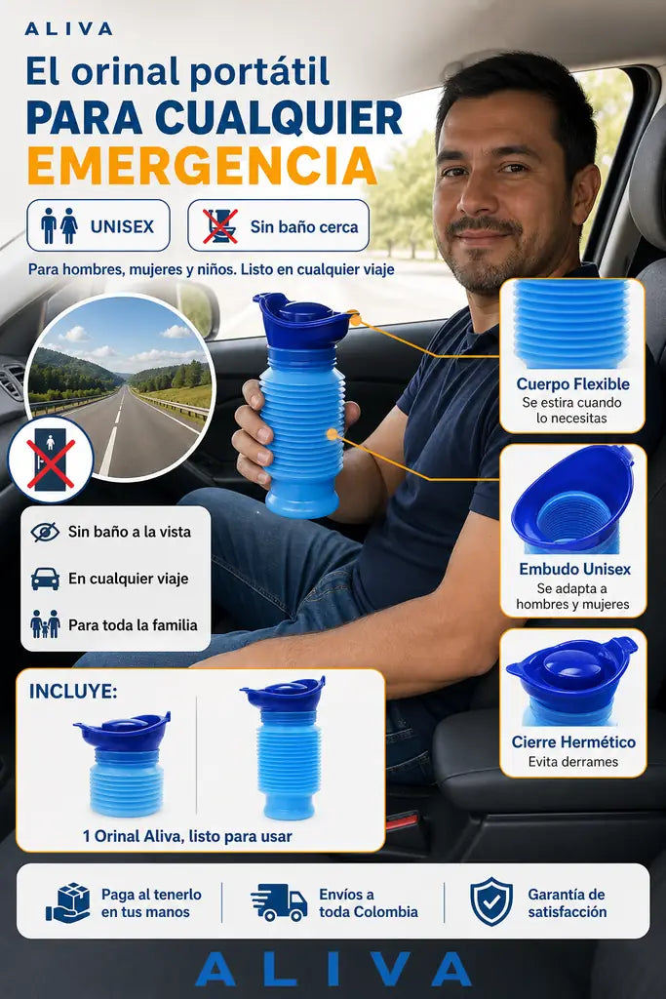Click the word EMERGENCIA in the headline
(201, 166)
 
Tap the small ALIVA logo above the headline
(69, 28)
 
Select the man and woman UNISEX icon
(59, 225)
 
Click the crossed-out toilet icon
(220, 225)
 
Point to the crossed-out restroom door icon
(51, 459)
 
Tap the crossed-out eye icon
(45, 532)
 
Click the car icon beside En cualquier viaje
(45, 579)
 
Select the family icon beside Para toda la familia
(45, 623)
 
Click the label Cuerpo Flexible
(572, 384)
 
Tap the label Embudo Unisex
(574, 569)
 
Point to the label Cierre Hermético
(573, 742)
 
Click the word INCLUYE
(73, 692)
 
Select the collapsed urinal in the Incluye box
(124, 765)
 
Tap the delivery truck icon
(279, 902)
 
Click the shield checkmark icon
(490, 901)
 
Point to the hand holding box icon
(67, 902)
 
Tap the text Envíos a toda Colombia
(368, 902)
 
